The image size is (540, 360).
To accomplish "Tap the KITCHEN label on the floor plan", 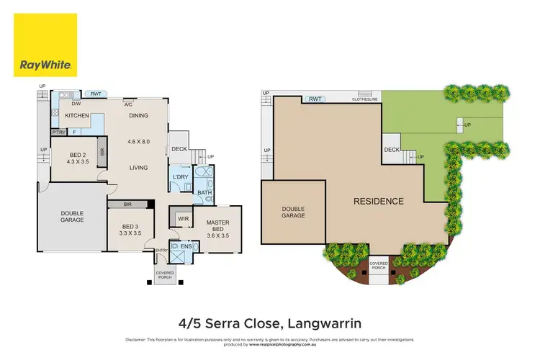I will coord(77,115).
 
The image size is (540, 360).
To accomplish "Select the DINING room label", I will coord(138,115).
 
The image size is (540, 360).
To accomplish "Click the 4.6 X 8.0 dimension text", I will coord(138,142).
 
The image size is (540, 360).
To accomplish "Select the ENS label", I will coord(186,246).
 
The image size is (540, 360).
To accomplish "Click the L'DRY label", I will coord(179,176).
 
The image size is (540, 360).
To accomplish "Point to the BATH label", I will coord(204,192).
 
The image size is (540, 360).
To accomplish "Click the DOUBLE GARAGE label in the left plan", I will coord(72,216).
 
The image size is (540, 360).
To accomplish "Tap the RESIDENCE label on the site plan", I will coord(379,201).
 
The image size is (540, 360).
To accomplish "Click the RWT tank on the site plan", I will coord(315,99).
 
